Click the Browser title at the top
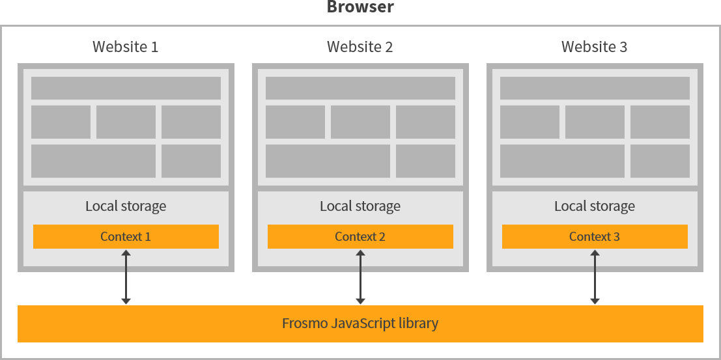click(x=360, y=8)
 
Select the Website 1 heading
click(x=126, y=47)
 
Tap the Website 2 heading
click(x=360, y=47)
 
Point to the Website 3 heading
click(x=595, y=47)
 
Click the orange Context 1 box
click(x=126, y=236)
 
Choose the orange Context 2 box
click(x=360, y=236)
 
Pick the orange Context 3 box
click(x=595, y=236)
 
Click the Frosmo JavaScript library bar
click(x=360, y=324)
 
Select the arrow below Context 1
click(x=126, y=277)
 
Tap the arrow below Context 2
click(x=360, y=277)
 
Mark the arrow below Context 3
click(x=595, y=277)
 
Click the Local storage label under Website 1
click(x=126, y=206)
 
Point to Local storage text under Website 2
click(x=360, y=206)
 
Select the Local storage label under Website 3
click(x=595, y=206)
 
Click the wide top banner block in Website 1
click(x=126, y=88)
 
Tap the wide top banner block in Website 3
click(x=595, y=88)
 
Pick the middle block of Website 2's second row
click(x=360, y=122)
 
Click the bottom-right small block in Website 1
click(x=191, y=161)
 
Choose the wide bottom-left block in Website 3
click(x=562, y=161)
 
